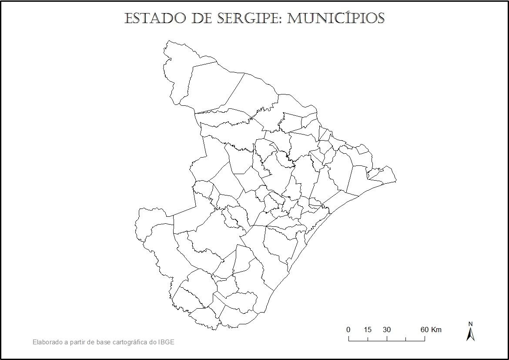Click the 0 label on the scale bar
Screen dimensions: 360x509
pyautogui.click(x=348, y=330)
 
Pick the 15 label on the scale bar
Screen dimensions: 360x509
pyautogui.click(x=368, y=330)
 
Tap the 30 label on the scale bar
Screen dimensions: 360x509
pyautogui.click(x=387, y=330)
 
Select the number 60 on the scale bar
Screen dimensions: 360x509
pyautogui.click(x=425, y=330)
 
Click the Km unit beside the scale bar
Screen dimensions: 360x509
pyautogui.click(x=436, y=330)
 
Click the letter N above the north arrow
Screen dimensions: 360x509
pyautogui.click(x=470, y=324)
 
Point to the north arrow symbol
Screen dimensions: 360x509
pyautogui.click(x=470, y=334)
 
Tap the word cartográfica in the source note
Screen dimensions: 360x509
pyautogui.click(x=130, y=342)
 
